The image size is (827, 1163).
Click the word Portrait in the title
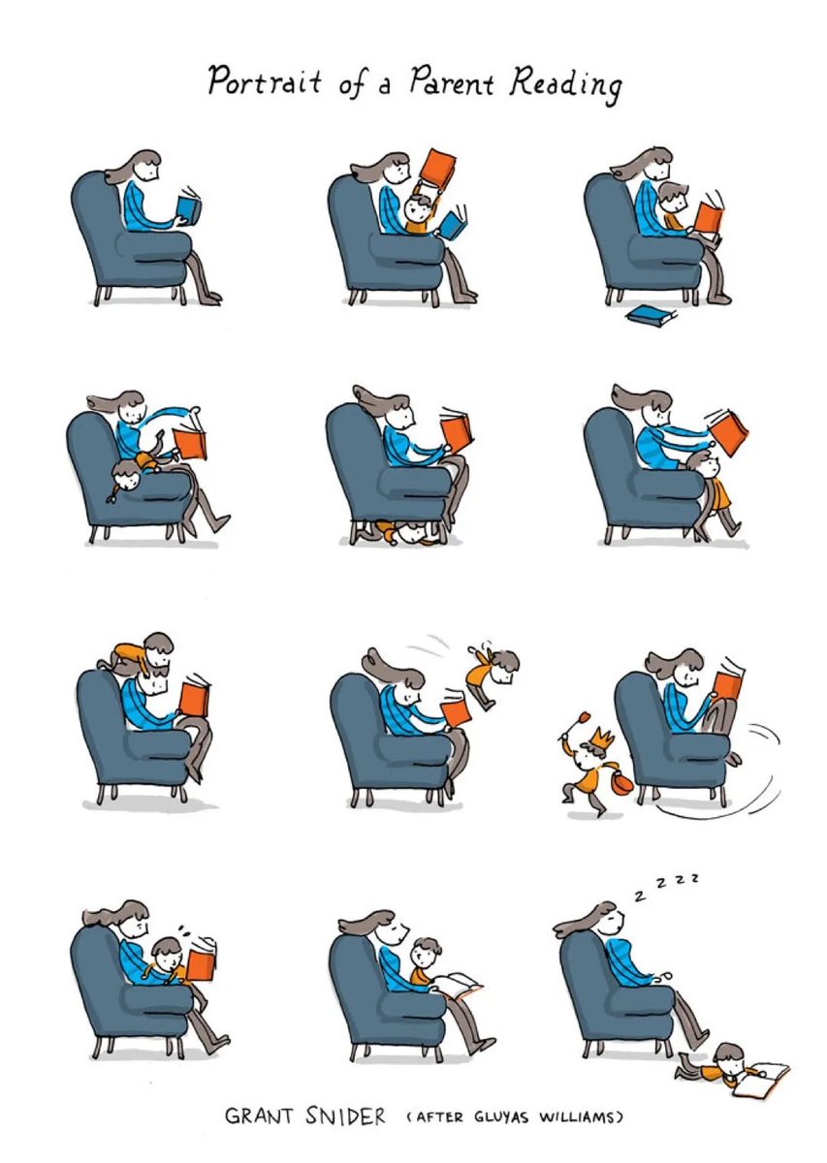pos(265,81)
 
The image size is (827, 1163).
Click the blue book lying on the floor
pos(652,316)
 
